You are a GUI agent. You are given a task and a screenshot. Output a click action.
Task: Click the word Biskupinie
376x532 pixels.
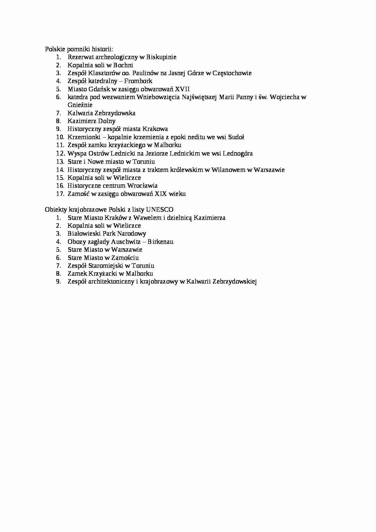[161, 57]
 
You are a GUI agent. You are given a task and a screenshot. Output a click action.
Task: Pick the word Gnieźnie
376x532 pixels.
[80, 105]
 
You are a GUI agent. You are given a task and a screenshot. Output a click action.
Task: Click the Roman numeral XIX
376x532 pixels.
[161, 194]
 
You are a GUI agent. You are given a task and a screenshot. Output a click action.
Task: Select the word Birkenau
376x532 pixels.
[160, 242]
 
